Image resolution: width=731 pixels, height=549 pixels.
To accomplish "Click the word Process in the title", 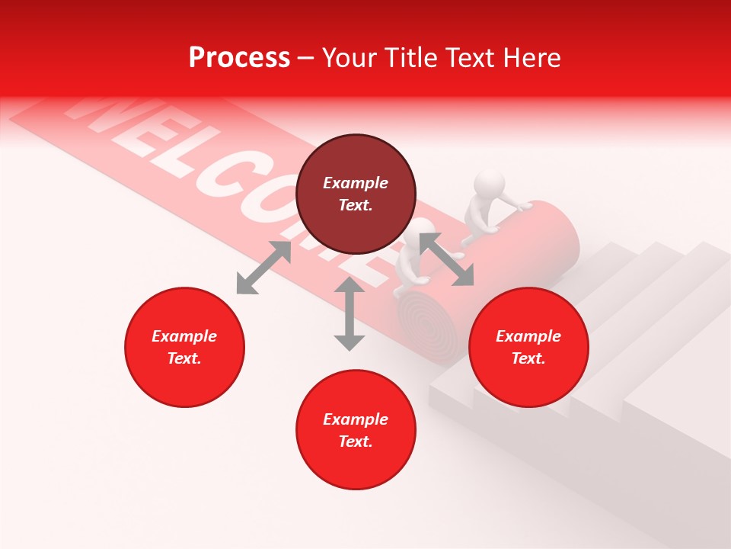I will pos(239,58).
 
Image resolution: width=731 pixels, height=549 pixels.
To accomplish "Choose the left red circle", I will pos(184,381).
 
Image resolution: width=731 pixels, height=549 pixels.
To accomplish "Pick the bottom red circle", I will pos(356,465).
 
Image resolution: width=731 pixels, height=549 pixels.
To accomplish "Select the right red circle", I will pos(528,381).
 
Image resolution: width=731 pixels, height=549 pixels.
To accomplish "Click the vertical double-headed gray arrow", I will pos(350,313).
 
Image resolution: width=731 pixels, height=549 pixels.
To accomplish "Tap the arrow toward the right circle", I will pos(445,260).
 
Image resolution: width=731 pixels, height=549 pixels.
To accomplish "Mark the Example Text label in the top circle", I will pos(356,194).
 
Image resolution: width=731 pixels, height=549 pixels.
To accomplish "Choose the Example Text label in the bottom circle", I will pos(356,430).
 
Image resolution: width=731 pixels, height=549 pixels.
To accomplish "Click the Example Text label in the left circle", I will pos(184,347).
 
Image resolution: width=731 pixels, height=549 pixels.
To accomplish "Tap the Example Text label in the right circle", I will pos(528,347).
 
